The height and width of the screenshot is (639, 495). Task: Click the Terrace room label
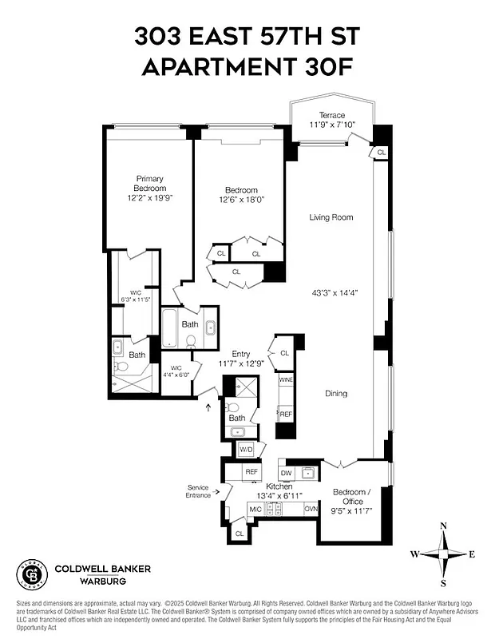click(x=331, y=115)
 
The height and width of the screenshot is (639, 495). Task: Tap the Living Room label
click(x=331, y=217)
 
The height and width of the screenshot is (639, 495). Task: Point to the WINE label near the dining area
click(x=286, y=380)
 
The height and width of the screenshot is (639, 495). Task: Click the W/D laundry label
click(x=246, y=450)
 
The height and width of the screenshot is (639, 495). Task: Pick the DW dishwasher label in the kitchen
click(x=286, y=472)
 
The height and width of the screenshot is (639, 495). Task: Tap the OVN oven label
click(x=311, y=509)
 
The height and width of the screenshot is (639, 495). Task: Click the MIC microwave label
click(x=256, y=509)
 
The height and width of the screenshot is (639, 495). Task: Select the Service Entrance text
click(x=198, y=491)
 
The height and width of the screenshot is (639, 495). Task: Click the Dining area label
click(x=336, y=394)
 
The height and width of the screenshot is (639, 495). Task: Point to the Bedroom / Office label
click(x=352, y=496)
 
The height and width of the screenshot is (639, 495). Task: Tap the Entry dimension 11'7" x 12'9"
click(x=241, y=364)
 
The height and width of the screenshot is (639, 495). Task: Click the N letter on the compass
click(x=444, y=526)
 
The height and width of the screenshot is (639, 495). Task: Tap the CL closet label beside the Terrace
click(x=381, y=152)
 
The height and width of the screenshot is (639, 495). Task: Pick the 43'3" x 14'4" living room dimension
click(x=335, y=292)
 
